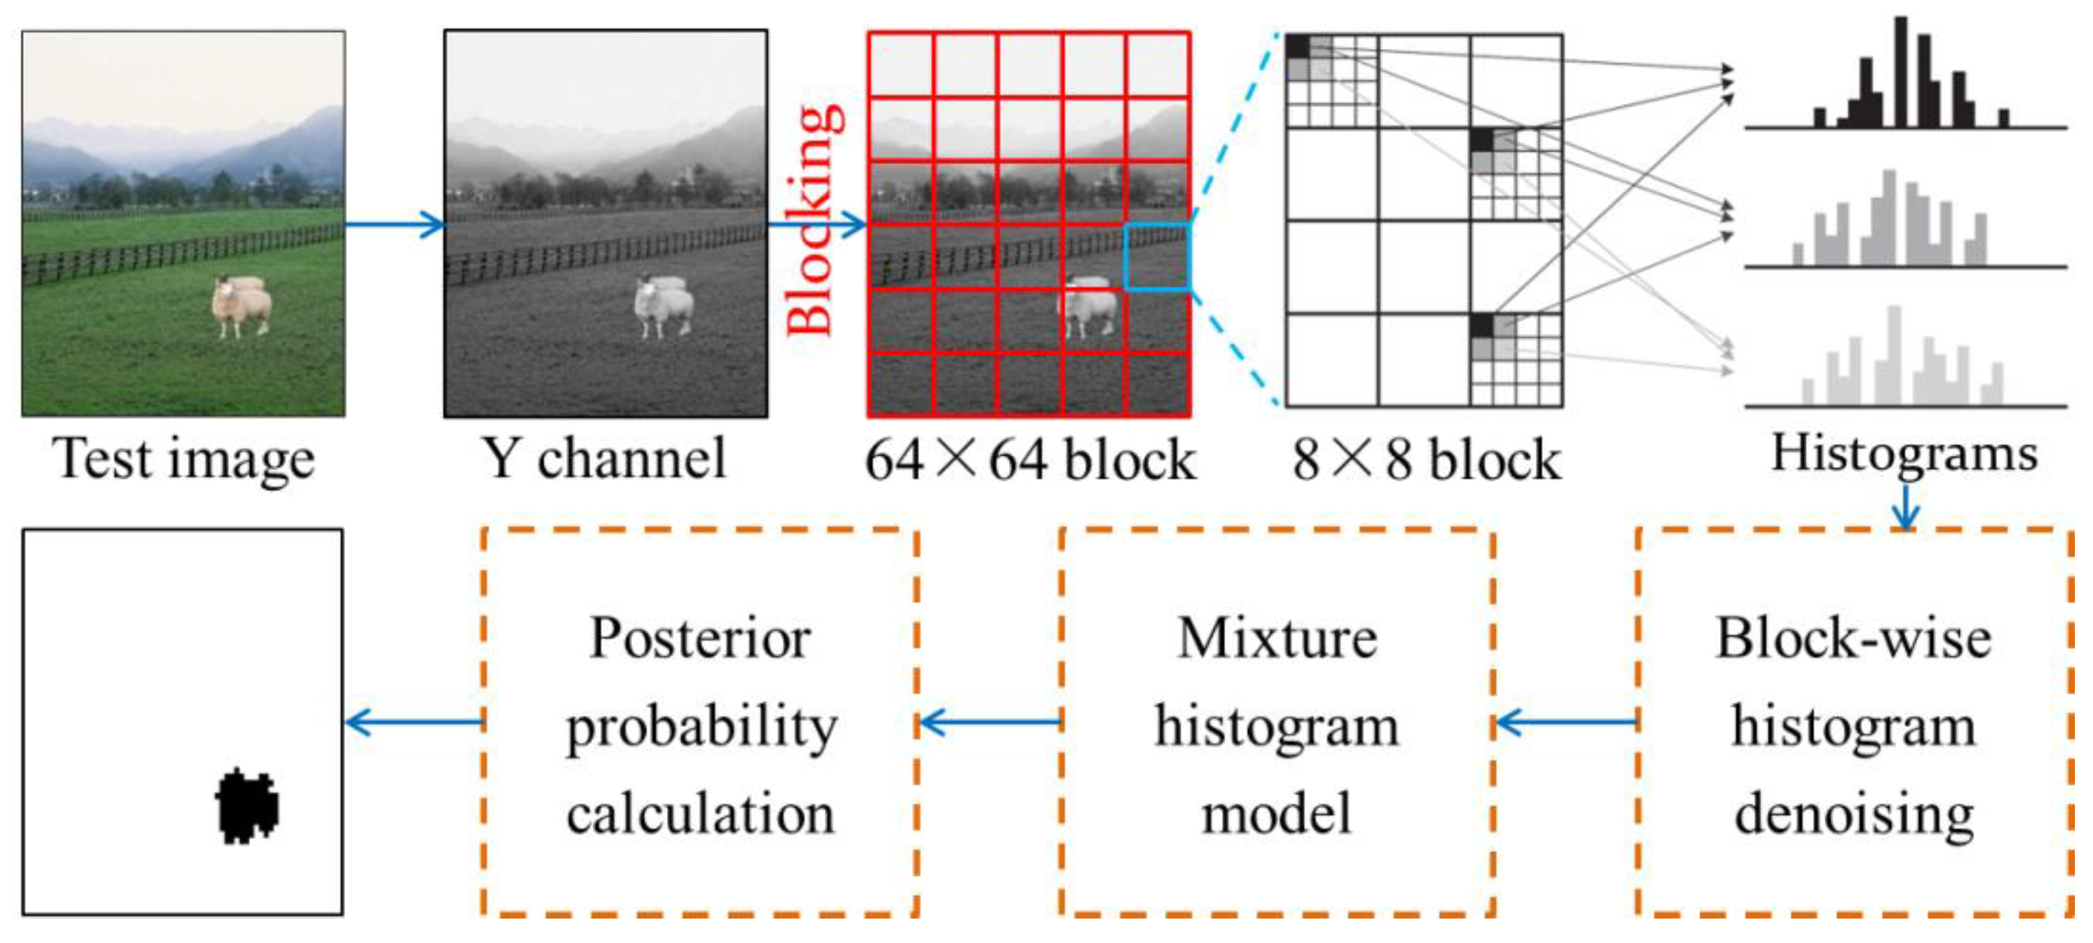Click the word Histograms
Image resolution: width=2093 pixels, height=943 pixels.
(1904, 453)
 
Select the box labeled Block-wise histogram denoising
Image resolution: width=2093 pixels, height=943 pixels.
(1854, 723)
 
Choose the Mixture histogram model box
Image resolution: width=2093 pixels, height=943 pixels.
(1277, 723)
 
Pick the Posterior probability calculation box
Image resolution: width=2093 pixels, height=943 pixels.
(700, 723)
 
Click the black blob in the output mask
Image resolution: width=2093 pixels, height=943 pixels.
(248, 805)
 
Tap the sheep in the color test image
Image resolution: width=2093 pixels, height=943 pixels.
(240, 306)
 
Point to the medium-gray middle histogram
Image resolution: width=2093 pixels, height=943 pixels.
(1893, 223)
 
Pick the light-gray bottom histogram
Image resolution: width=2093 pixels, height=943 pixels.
(1901, 362)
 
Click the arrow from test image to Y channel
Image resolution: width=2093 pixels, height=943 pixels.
(394, 224)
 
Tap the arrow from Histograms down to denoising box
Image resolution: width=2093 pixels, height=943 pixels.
(1905, 508)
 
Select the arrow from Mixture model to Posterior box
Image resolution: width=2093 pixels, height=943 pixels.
(990, 721)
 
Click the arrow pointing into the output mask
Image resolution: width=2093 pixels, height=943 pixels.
(414, 721)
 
